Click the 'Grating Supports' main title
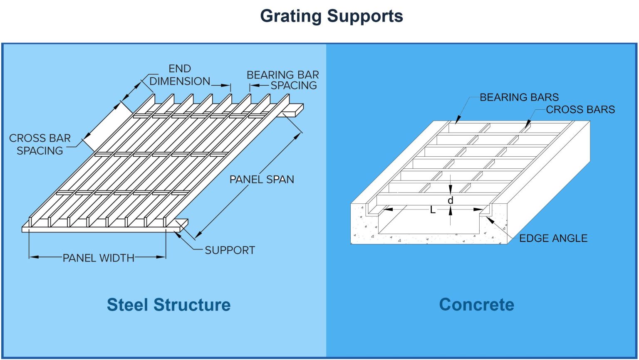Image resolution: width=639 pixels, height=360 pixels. click(x=331, y=17)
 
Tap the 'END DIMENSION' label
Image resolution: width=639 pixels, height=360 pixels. click(x=180, y=75)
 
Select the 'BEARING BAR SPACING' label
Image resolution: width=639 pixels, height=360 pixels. click(x=283, y=80)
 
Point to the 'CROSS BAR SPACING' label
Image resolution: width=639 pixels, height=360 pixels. click(x=40, y=144)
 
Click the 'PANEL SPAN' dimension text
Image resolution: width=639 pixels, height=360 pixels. click(x=262, y=180)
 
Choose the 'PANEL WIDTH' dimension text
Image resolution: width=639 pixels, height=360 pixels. click(x=99, y=258)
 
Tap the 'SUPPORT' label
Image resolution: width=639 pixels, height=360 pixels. click(x=230, y=250)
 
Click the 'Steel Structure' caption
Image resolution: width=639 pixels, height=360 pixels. click(x=168, y=305)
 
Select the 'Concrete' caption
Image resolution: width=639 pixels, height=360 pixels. click(x=476, y=305)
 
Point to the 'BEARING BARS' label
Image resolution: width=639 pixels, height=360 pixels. click(x=519, y=97)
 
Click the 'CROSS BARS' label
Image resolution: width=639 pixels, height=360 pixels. click(x=580, y=110)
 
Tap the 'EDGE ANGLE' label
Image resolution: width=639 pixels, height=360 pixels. click(x=553, y=238)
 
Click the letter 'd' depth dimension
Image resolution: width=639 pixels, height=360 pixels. click(x=450, y=201)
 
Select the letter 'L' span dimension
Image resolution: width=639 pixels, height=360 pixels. click(x=433, y=210)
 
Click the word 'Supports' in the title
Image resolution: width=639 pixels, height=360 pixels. click(x=365, y=17)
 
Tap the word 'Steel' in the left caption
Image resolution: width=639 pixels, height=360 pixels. click(x=128, y=305)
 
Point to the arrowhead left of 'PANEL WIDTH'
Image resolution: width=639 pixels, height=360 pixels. click(x=33, y=257)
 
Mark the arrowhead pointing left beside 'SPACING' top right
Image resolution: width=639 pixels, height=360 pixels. click(x=254, y=86)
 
